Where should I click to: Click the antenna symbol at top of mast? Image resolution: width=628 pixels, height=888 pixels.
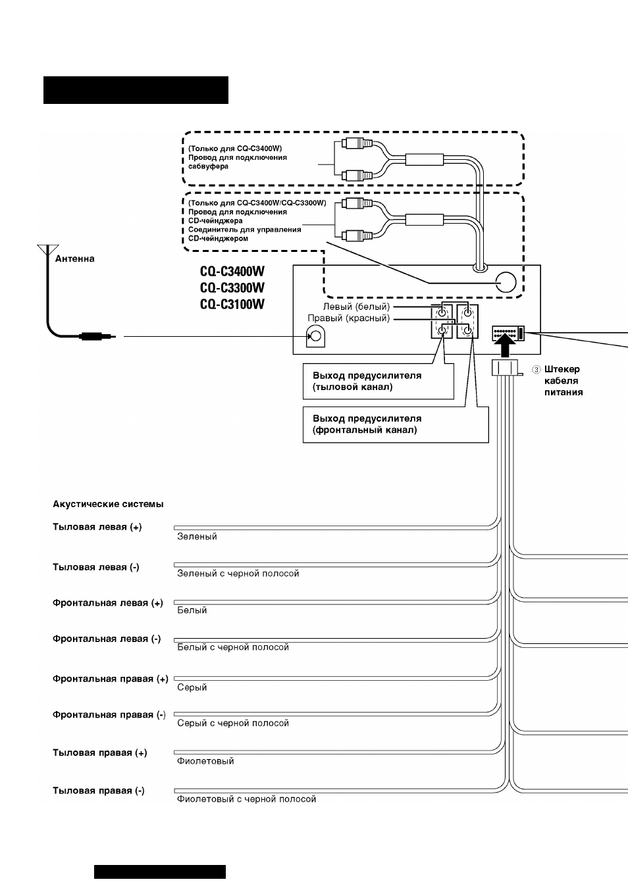[48, 249]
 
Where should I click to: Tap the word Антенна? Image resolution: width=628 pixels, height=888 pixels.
[74, 259]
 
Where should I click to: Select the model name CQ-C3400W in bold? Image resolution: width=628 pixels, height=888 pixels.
[232, 272]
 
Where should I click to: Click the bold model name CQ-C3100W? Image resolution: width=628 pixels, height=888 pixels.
[232, 304]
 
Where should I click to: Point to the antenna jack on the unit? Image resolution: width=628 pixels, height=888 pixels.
[315, 336]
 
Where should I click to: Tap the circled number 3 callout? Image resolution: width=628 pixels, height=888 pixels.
[536, 370]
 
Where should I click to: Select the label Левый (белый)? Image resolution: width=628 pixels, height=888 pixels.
[356, 307]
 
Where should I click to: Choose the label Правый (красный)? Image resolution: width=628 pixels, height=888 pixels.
[349, 318]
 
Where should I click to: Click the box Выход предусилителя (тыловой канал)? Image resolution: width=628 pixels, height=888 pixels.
[378, 382]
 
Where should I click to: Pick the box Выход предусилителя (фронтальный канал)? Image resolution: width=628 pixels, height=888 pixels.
[396, 424]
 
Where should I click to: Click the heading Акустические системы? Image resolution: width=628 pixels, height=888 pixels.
[108, 505]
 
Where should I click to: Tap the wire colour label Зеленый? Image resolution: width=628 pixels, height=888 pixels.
[197, 536]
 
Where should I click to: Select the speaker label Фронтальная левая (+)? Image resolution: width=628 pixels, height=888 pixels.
[107, 603]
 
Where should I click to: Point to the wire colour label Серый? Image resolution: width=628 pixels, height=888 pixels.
[192, 687]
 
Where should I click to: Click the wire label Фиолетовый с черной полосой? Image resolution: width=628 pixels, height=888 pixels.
[246, 799]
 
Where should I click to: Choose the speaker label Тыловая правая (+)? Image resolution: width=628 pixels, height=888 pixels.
[99, 752]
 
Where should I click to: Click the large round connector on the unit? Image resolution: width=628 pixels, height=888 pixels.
[506, 283]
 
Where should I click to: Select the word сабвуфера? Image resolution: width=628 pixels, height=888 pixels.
[208, 166]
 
